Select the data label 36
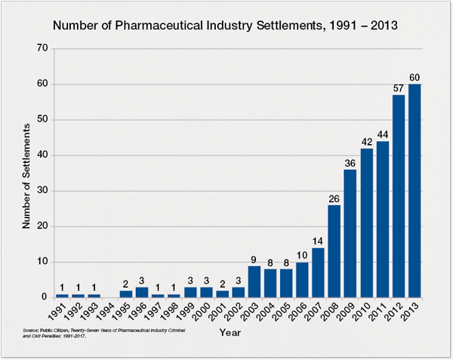coord(351,163)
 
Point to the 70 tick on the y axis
coord(42,48)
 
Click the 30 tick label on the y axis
coord(42,191)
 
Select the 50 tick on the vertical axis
coord(42,119)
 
